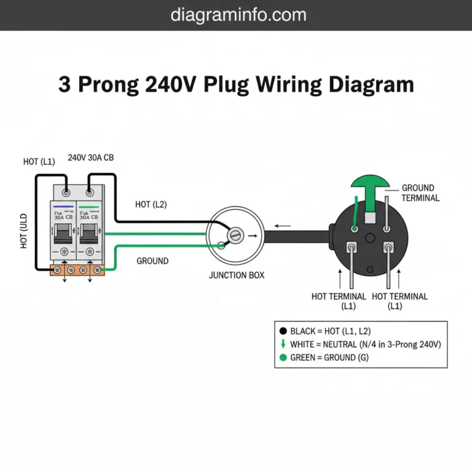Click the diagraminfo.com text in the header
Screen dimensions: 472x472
tap(236, 15)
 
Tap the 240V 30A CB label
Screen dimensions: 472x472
tap(90, 157)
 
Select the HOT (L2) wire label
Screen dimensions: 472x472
tap(151, 204)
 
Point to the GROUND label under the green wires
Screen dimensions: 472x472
tap(152, 261)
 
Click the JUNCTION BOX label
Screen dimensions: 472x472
tap(237, 275)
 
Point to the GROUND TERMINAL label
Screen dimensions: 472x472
tap(420, 193)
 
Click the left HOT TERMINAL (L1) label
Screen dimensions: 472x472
tap(339, 301)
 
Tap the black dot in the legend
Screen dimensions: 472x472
tap(283, 331)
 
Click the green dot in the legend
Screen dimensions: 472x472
tap(283, 357)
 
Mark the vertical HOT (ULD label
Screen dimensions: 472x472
tap(24, 231)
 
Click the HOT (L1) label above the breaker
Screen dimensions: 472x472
tap(39, 162)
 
